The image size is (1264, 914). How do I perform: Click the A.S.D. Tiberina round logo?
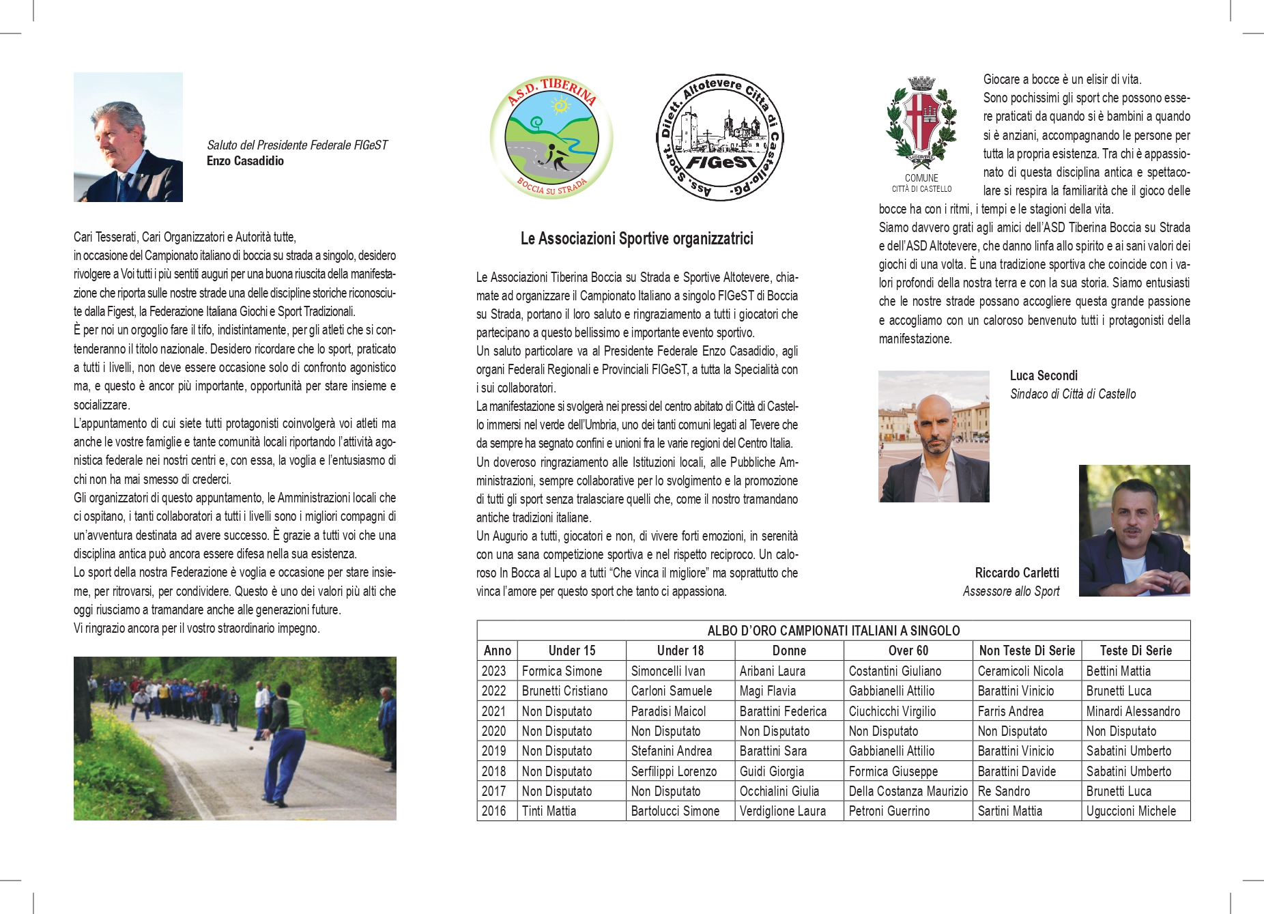click(x=551, y=137)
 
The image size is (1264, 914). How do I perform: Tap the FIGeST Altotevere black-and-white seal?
click(x=719, y=137)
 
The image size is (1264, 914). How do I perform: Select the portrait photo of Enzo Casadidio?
click(x=128, y=137)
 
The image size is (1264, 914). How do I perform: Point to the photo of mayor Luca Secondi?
click(x=933, y=436)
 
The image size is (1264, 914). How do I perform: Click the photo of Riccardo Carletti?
click(x=1134, y=530)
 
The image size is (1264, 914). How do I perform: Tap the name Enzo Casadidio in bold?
click(x=245, y=161)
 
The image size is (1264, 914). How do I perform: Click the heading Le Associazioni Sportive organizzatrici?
click(x=636, y=239)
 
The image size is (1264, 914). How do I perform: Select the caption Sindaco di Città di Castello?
click(x=1072, y=394)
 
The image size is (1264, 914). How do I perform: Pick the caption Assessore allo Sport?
click(x=1011, y=591)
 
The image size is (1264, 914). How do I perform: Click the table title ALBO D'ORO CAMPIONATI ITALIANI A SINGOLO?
click(x=833, y=631)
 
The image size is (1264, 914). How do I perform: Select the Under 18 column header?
click(x=680, y=651)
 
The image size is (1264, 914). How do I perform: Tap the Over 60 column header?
click(x=908, y=651)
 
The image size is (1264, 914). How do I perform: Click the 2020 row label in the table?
click(x=493, y=731)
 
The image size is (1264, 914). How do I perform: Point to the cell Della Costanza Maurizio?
click(x=908, y=791)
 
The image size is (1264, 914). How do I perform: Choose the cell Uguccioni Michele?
click(x=1131, y=811)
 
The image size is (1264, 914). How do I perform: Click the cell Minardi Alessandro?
click(x=1132, y=711)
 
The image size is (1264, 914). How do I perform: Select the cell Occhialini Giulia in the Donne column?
click(x=779, y=791)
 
